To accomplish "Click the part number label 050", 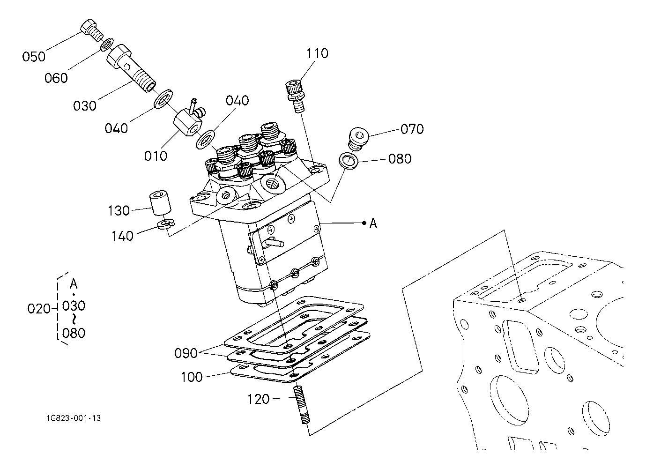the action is point(34,57).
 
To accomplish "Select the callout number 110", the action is point(317,54).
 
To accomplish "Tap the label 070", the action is point(412,129).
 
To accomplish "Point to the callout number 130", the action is point(119,211).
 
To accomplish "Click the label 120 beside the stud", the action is point(259,399).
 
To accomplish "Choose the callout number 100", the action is point(192,377).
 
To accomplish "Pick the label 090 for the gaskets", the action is point(186,353).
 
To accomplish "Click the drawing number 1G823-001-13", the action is point(74,418).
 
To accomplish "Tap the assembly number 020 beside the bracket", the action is point(39,309).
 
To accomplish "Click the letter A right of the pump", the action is point(373,223).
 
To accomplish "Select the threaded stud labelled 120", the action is point(301,405).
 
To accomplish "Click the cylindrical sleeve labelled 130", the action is point(160,202).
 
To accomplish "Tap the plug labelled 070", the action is point(358,138).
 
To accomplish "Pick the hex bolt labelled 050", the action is point(91,30).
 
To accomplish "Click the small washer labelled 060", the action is point(107,44).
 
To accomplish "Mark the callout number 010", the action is point(156,156).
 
